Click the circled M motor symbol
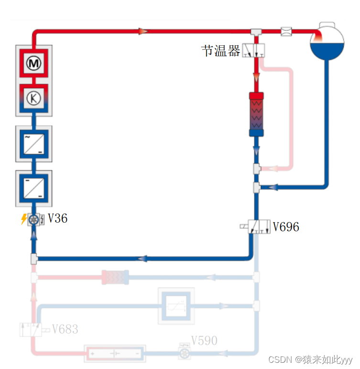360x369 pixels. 33,63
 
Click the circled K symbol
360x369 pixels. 33,98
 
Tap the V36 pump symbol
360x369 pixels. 34,219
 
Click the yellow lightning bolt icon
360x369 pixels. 23,219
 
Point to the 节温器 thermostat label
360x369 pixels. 220,51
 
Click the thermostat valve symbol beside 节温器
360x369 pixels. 253,50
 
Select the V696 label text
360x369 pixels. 286,226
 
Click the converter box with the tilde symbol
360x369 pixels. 33,144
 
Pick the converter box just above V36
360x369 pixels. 33,188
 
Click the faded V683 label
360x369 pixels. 65,329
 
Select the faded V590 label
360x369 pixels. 204,340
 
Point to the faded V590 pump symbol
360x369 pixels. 184,352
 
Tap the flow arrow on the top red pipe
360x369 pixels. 142,32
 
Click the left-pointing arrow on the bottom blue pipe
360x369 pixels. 142,259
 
